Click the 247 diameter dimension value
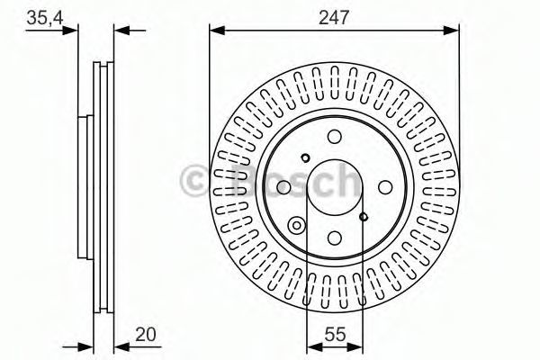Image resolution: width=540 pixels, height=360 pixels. pyautogui.click(x=334, y=17)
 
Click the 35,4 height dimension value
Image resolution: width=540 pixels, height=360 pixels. pyautogui.click(x=45, y=18)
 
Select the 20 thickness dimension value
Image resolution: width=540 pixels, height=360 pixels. pyautogui.click(x=145, y=334)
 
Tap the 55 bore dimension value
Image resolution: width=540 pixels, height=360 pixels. pyautogui.click(x=335, y=334)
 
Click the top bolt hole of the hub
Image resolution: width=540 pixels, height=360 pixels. pyautogui.click(x=335, y=137)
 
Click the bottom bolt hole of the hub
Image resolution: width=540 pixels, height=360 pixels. pyautogui.click(x=335, y=238)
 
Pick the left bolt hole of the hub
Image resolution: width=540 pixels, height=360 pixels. pyautogui.click(x=283, y=187)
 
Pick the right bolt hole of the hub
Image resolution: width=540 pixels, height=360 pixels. pyautogui.click(x=385, y=187)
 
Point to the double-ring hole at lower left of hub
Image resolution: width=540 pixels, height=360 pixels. pyautogui.click(x=296, y=226)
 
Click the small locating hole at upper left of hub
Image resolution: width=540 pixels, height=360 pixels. pyautogui.click(x=305, y=158)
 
